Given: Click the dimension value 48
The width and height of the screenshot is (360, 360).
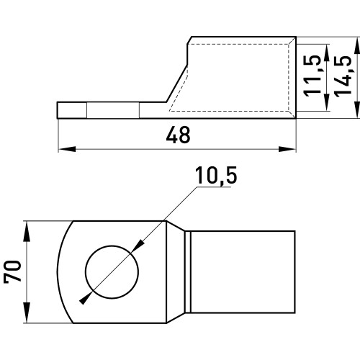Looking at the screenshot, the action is coord(178,135).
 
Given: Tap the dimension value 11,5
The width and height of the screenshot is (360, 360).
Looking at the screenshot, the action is coord(312,76).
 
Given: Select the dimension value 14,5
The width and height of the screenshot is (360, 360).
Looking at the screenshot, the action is coord(343,76).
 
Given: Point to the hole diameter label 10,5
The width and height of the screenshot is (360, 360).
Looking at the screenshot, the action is coord(216,176).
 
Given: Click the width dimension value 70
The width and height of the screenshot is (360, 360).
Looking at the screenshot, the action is coord(12,271).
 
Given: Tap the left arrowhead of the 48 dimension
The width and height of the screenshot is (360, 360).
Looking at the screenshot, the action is coord(67,149).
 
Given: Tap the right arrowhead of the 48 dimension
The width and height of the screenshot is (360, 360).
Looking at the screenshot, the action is coord(287,149).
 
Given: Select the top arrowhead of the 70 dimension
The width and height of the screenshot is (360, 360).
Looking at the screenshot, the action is coord(27,231).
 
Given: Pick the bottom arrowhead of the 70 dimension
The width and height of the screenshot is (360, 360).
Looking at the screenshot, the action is coord(27,313).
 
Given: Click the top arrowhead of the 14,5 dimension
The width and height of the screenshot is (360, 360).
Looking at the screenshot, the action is coord(357,46).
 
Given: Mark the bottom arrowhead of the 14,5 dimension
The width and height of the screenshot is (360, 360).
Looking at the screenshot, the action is coord(357,109).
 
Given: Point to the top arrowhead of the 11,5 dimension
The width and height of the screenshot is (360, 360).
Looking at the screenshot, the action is coord(326,53).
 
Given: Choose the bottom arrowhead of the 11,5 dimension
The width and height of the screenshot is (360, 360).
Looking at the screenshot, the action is coord(326,102).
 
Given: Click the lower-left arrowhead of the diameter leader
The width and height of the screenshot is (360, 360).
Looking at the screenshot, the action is coord(85,298).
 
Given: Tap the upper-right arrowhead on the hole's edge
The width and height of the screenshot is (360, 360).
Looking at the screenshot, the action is coord(138,246).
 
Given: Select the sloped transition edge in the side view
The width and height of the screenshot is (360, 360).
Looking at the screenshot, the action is coord(176,84).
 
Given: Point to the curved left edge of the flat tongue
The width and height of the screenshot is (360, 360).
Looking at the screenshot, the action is coord(63,272).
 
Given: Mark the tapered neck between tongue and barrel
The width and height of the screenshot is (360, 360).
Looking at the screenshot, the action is coord(176,272).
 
